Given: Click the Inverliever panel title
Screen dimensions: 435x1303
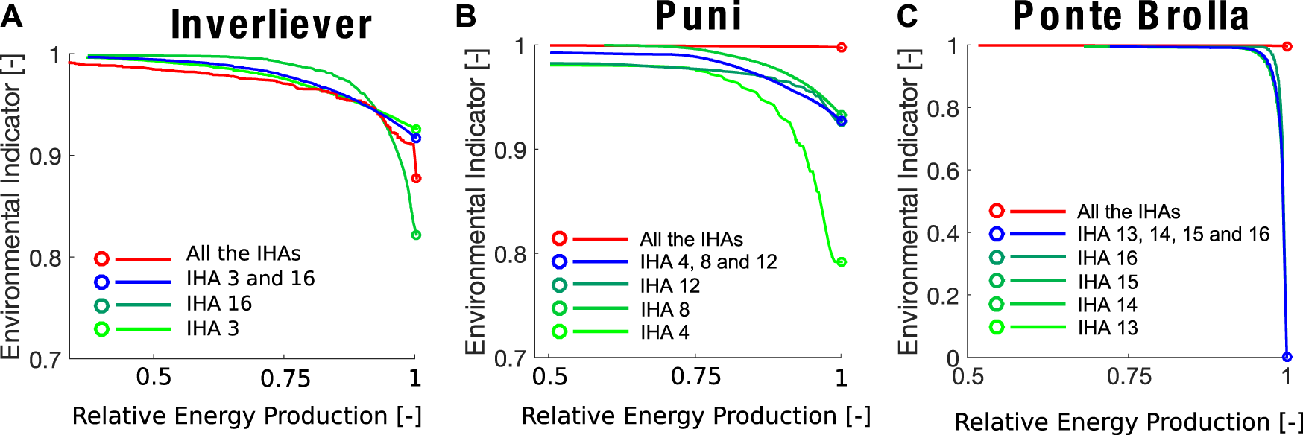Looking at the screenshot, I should pos(271,24).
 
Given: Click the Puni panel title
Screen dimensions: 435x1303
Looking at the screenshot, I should pos(698,16).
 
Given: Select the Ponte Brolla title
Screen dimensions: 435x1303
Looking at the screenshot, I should pos(1130,16).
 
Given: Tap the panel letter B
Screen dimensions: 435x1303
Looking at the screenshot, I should pos(466,16).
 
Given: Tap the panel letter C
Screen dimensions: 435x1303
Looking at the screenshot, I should pos(907,16).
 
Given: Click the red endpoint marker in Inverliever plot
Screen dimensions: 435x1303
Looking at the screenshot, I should pos(416,178).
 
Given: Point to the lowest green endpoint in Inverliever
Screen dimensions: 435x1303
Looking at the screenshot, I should pos(416,235).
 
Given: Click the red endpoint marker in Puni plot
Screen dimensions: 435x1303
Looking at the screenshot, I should pos(842,48).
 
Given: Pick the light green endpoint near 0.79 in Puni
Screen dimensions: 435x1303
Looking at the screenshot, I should pos(842,262).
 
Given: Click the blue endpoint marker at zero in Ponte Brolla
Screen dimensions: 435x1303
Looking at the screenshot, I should pos(1287,357).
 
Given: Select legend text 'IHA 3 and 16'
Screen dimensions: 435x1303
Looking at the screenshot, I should pos(250,279).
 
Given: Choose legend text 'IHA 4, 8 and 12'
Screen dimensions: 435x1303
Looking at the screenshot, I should pos(708,262).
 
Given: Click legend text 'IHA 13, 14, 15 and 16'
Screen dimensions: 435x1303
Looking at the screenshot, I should pos(1173,235).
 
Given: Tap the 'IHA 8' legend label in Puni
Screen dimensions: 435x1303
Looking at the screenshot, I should pos(664,309).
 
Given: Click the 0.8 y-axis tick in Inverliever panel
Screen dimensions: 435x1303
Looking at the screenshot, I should pos(45,258).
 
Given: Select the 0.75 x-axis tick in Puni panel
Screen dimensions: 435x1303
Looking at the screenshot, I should pos(695,377).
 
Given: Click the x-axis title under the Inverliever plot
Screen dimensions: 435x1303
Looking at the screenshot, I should pos(247,416).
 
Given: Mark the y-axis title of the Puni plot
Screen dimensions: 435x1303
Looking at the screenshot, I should pos(476,201).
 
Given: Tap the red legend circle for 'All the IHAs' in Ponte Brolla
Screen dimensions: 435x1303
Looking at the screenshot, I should pos(997,211).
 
